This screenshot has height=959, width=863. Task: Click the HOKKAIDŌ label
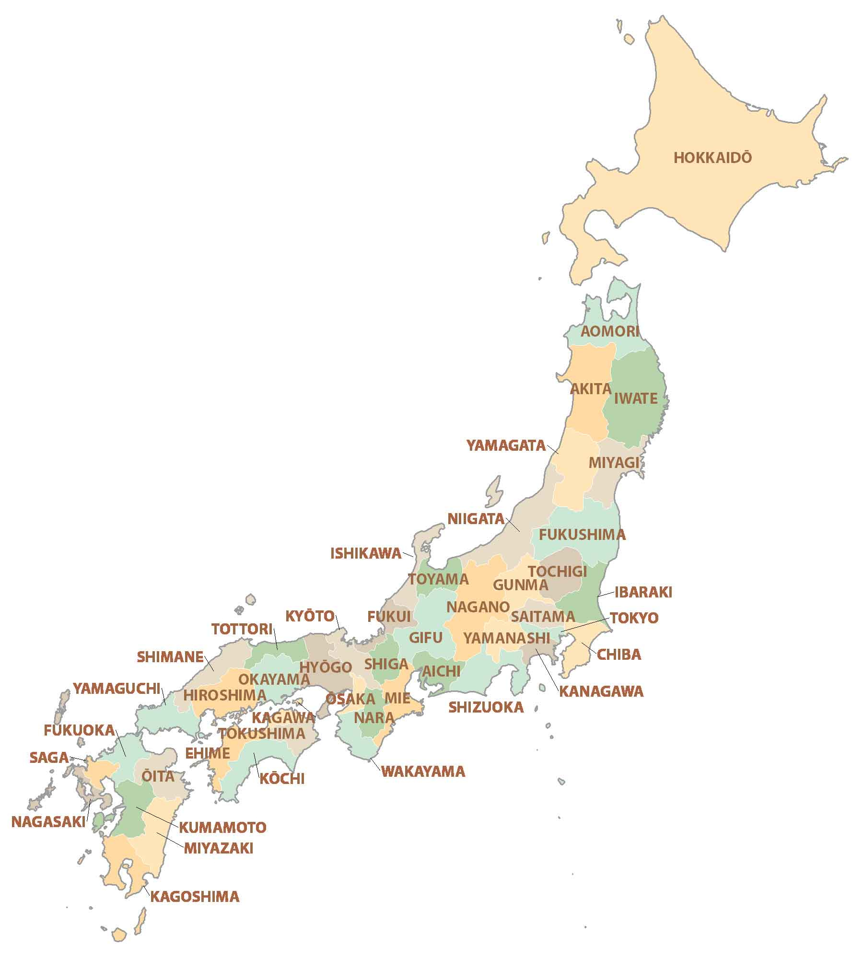[x=712, y=158]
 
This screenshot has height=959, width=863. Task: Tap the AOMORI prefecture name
[x=610, y=331]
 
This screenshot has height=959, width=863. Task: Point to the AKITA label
[x=590, y=389]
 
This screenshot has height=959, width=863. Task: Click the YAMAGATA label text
[x=506, y=445]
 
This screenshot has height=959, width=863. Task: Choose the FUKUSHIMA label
[x=582, y=535]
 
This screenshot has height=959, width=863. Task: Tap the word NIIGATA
[x=476, y=519]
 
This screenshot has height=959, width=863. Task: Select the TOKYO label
[x=634, y=618]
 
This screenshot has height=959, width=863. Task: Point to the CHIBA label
[x=618, y=655]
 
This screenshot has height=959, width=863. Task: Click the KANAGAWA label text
[x=601, y=691]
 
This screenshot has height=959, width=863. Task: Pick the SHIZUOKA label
[x=486, y=707]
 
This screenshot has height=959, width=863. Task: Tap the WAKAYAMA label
[x=423, y=772]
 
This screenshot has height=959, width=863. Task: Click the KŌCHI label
[x=282, y=779]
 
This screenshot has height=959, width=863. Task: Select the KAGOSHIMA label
[x=195, y=897]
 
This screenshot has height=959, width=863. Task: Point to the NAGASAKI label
[x=48, y=821]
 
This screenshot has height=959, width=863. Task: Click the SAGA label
[x=49, y=758]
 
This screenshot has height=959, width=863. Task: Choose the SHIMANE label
[x=170, y=657]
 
